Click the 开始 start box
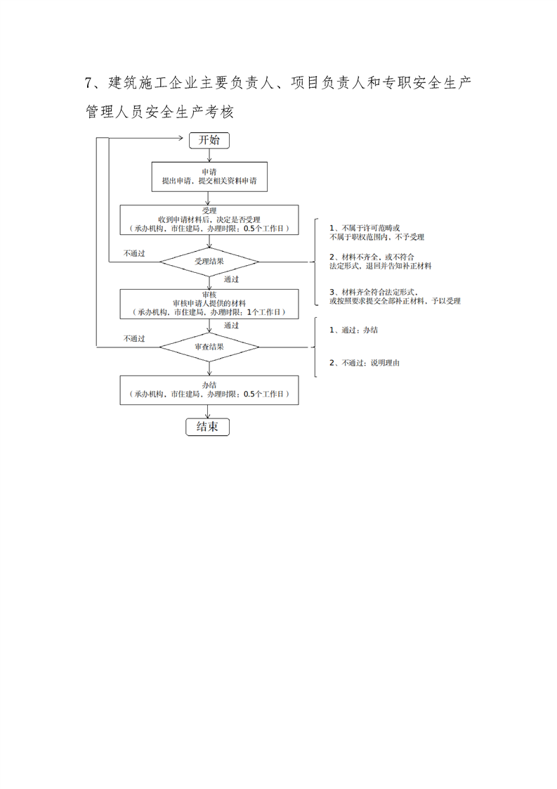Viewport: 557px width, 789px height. pos(209,140)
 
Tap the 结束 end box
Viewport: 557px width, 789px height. pos(207,427)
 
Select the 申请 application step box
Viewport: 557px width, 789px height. pos(209,177)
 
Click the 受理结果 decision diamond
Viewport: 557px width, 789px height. pos(209,262)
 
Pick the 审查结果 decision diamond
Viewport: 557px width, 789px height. pos(209,346)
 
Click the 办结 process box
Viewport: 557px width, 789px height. pos(209,390)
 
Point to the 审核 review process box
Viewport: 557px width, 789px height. pos(209,303)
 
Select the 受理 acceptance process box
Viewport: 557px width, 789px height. pos(209,219)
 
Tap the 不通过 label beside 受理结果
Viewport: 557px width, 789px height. pos(134,253)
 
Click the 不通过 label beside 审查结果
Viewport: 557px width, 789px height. pos(134,338)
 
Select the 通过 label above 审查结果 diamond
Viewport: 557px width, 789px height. pos(232,326)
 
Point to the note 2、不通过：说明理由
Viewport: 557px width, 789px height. pos(365,363)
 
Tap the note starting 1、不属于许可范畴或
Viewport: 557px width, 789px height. pos(376,233)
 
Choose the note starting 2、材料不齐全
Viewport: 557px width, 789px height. pos(380,262)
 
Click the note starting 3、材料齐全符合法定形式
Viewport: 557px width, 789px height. pos(395,296)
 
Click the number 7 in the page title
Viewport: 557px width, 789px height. pos(89,83)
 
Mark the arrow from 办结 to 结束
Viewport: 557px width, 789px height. pos(209,411)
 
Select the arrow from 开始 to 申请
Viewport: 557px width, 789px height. pos(209,155)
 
